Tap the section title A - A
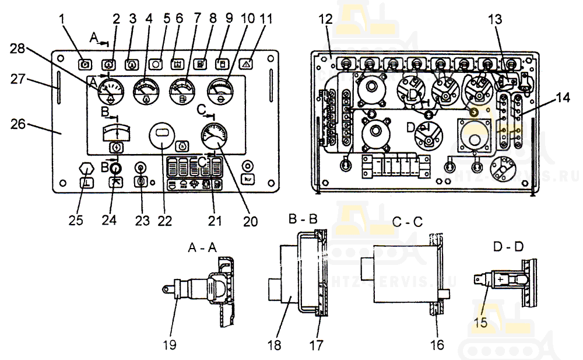(202, 247)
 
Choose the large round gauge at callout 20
(213, 137)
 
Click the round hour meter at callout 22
(163, 139)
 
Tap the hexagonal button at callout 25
(86, 168)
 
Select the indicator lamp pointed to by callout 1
(85, 63)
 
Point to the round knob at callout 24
(115, 167)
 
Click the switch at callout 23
(140, 168)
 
